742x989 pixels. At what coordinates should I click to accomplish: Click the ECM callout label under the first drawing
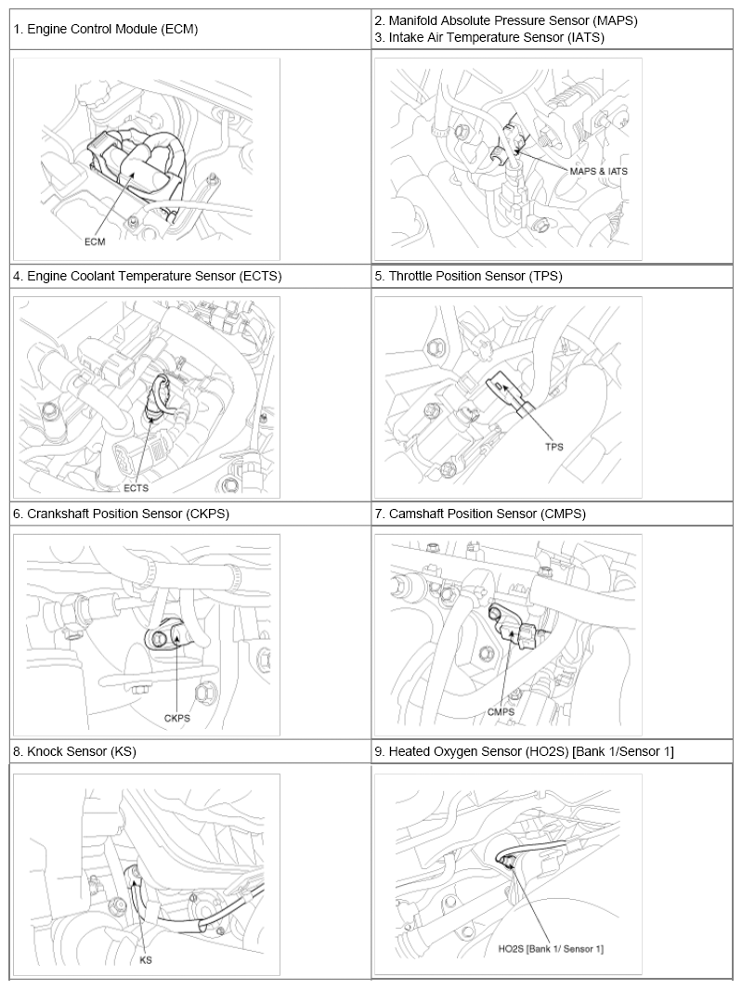point(95,241)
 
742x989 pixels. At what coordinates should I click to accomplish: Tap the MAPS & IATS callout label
point(598,171)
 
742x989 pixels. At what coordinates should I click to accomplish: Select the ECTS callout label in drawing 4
point(137,488)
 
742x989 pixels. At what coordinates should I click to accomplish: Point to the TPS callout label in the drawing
point(554,447)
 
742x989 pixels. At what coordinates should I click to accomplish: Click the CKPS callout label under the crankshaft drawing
point(177,718)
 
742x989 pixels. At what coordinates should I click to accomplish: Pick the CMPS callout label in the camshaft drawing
point(501,712)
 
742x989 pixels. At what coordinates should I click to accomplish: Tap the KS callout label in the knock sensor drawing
point(146,960)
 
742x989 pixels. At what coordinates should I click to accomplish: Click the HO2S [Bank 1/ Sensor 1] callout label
point(551,949)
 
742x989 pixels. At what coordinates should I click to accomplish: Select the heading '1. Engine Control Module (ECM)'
point(106,29)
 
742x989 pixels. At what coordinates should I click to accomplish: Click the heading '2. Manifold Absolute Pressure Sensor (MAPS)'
point(506,20)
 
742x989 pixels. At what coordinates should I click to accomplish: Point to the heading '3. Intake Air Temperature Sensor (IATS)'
point(489,37)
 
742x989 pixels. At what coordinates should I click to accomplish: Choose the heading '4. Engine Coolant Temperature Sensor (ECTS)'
point(148,276)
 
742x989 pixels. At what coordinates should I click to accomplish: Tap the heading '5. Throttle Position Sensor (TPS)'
point(468,276)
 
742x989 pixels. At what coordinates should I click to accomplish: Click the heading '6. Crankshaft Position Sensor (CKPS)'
point(121,514)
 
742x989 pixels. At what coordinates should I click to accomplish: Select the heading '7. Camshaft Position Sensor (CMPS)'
point(480,514)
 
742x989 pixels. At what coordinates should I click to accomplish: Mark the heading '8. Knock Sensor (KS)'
point(74,751)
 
